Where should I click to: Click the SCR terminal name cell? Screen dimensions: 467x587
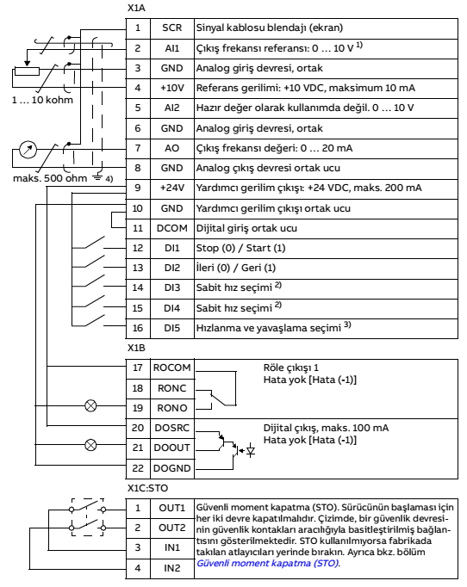coord(172,28)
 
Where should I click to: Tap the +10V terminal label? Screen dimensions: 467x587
coord(172,88)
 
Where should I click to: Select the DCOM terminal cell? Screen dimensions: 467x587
coord(172,228)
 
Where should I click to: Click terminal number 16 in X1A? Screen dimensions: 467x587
coord(138,328)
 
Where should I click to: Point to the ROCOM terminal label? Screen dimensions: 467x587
coord(172,368)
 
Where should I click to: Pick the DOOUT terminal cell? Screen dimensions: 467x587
coord(172,448)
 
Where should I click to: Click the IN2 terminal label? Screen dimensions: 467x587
coord(172,568)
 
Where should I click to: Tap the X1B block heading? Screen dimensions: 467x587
coord(136,348)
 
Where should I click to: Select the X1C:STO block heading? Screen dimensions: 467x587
coord(147,488)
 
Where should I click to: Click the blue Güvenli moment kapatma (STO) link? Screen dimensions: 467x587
coord(268,563)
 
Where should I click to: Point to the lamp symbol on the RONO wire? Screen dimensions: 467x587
coord(90,405)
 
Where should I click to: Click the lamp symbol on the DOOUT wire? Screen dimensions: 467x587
coord(90,445)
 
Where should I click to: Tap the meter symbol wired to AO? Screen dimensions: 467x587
coord(28,150)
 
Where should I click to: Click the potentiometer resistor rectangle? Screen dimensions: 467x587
coord(27,71)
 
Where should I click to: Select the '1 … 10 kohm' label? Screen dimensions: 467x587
coord(42,100)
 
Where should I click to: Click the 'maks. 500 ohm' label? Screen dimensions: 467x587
coord(50,178)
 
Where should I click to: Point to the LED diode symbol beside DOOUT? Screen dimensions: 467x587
coord(251,451)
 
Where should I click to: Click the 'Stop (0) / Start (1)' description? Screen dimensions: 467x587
coord(240,248)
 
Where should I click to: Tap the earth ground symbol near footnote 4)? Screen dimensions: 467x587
coord(98,177)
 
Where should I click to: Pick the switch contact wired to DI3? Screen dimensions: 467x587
coord(95,281)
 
